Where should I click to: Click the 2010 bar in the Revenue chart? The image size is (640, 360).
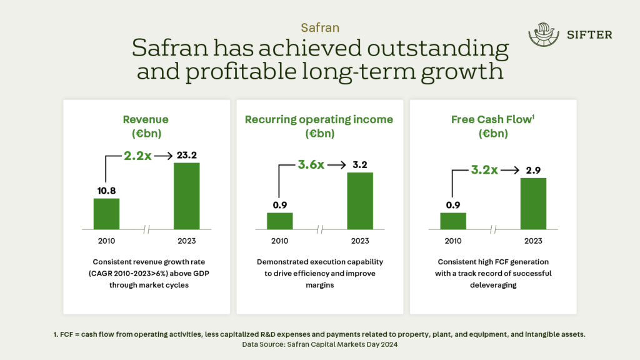pyautogui.click(x=106, y=213)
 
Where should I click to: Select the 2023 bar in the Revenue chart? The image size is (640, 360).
pyautogui.click(x=186, y=196)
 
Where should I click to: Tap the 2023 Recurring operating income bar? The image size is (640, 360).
pyautogui.click(x=359, y=201)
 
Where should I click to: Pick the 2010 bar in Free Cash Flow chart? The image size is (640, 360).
pyautogui.click(x=453, y=221)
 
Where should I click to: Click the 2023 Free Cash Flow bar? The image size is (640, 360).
pyautogui.click(x=533, y=203)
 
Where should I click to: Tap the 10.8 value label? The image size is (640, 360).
pyautogui.click(x=106, y=190)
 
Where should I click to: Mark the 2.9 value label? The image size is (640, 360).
pyautogui.click(x=533, y=170)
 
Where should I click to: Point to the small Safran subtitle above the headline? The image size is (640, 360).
pyautogui.click(x=320, y=27)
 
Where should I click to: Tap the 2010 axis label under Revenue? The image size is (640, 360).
pyautogui.click(x=106, y=241)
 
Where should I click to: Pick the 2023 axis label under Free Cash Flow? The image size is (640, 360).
pyautogui.click(x=533, y=241)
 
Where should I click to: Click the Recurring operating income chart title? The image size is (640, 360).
pyautogui.click(x=319, y=119)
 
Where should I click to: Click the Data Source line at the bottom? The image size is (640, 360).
pyautogui.click(x=320, y=344)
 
